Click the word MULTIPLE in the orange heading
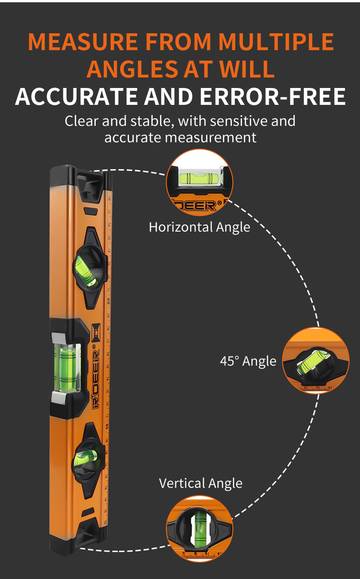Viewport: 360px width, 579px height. coord(276,42)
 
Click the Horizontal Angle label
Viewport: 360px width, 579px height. coord(200,227)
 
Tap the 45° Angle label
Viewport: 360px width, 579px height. coord(248,361)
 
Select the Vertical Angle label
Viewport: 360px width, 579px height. coord(201,483)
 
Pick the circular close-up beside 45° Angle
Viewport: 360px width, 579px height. coord(316,361)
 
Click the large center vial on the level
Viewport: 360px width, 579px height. coord(67,368)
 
